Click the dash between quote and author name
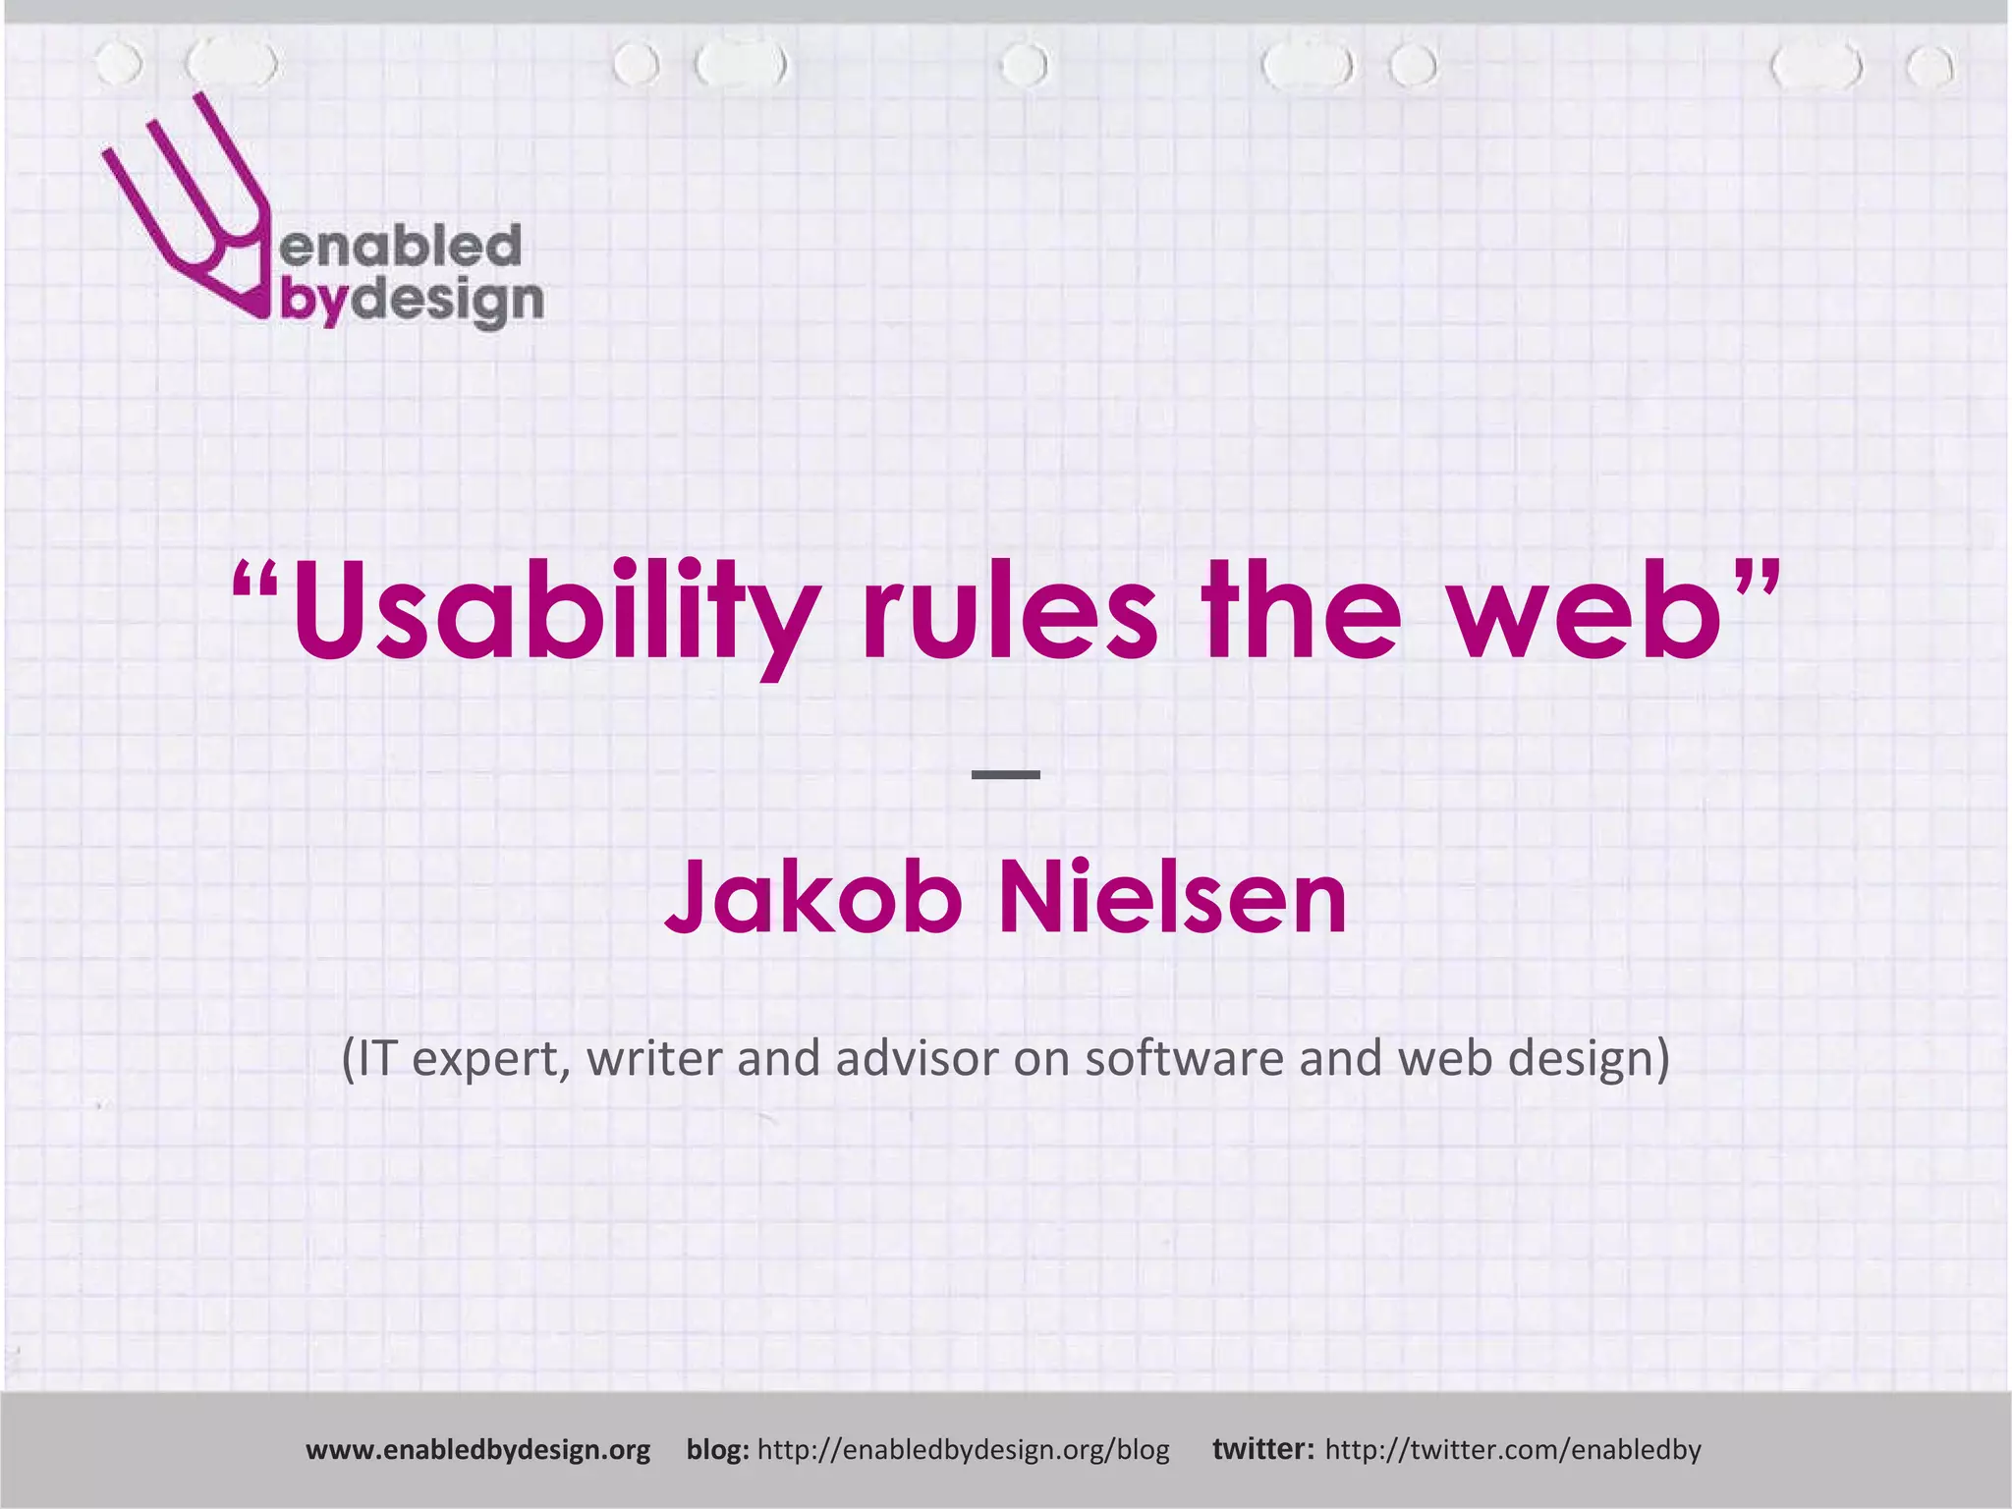coord(1006,775)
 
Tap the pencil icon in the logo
coord(187,206)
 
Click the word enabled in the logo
coord(401,246)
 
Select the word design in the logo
coord(447,302)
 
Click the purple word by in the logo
coord(313,302)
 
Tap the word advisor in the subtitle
coord(920,1058)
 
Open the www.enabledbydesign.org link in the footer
coord(477,1450)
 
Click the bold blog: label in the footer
coord(717,1450)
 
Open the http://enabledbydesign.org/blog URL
coord(964,1450)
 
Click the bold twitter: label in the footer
coord(1262,1450)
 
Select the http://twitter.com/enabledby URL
coord(1513,1450)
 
